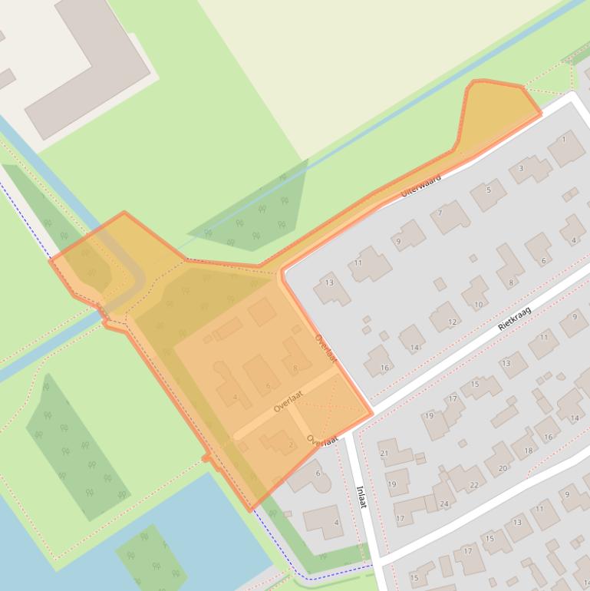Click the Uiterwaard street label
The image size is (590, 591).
point(421,185)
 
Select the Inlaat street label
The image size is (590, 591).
point(361,496)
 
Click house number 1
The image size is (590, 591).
point(564,140)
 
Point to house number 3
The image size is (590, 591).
point(521,168)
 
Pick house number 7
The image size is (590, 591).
point(440,213)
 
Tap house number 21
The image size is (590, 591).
point(384,454)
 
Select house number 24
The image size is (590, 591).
point(443,504)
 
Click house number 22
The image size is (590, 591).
point(473,485)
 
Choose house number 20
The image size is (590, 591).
point(503,468)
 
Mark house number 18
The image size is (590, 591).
point(528,451)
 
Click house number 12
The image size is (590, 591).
point(453,322)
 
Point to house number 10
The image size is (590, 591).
point(478,304)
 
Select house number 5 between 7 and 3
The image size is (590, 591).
point(488,190)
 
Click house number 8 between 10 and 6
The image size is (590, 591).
point(511,282)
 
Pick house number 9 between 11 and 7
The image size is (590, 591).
point(397,241)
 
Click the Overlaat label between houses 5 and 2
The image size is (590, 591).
point(288,401)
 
